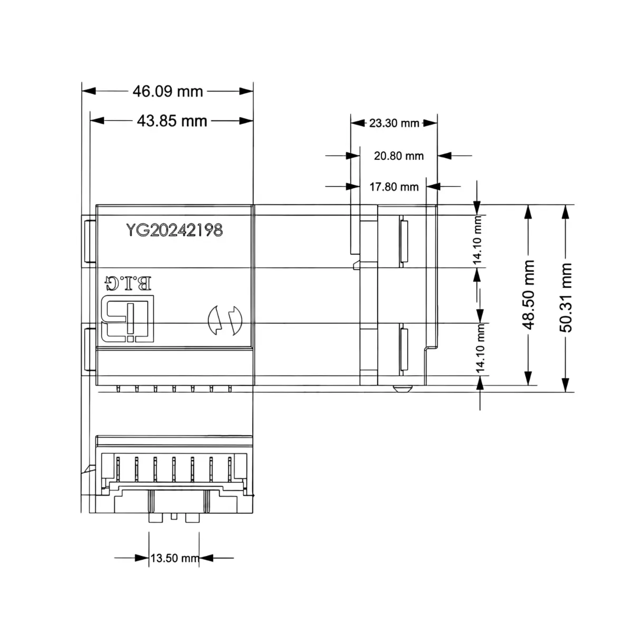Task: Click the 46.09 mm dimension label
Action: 168,91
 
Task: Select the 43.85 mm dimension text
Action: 172,121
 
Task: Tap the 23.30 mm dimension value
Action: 394,123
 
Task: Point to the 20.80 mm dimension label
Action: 399,156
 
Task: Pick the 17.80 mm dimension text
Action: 394,187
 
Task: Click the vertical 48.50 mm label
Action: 529,295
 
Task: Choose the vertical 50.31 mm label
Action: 565,298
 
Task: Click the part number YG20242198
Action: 175,230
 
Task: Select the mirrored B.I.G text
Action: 128,283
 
